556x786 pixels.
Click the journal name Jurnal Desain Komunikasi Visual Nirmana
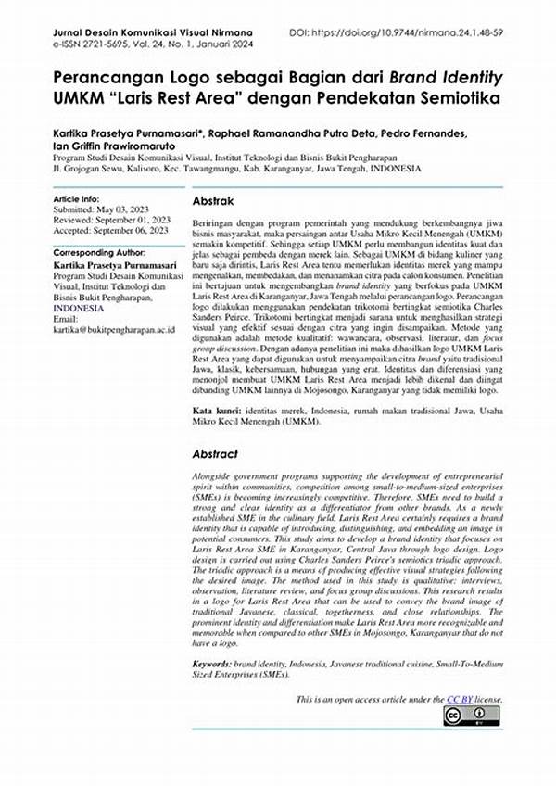140,33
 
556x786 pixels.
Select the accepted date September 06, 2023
137,230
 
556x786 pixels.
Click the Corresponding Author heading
100,253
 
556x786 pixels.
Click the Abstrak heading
213,201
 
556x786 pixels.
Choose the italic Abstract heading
215,454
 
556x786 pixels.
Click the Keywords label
218,666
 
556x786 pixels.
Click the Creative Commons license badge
471,716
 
